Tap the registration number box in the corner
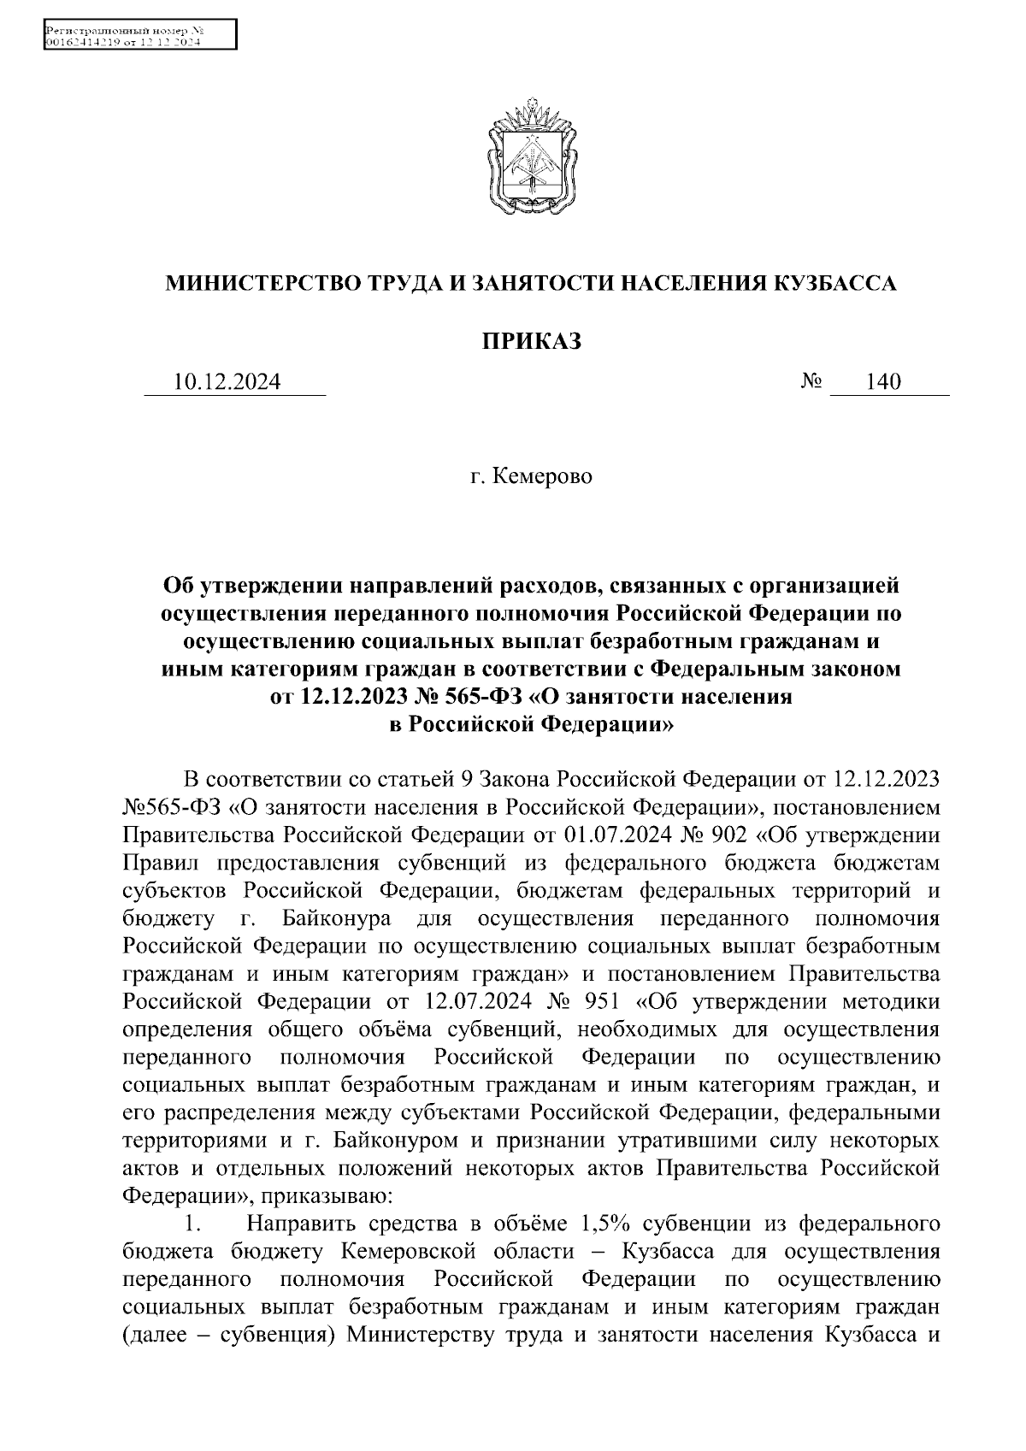139,37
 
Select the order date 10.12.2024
227,382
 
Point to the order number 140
883,382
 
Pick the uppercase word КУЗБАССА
834,283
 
